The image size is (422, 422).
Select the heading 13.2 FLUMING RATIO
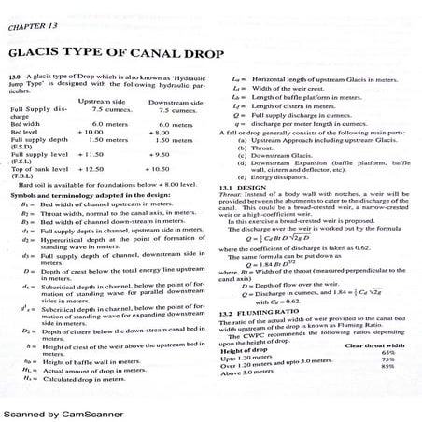(x=267, y=314)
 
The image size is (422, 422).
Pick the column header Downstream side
(x=176, y=102)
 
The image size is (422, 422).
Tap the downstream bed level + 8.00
(x=162, y=132)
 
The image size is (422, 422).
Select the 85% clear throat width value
(x=385, y=367)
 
